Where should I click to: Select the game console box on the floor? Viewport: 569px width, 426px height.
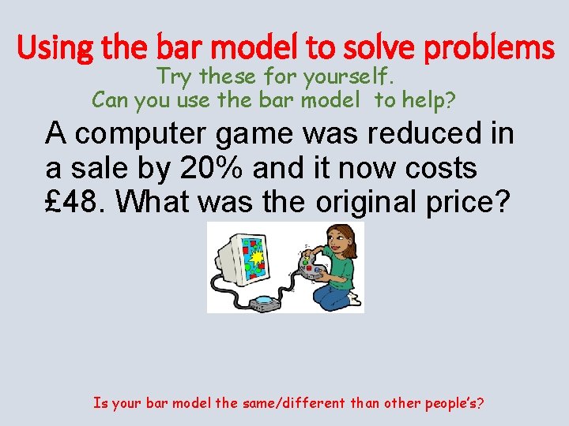263,301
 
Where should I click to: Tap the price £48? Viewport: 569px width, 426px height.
76,202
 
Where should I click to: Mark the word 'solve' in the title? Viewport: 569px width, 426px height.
377,49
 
